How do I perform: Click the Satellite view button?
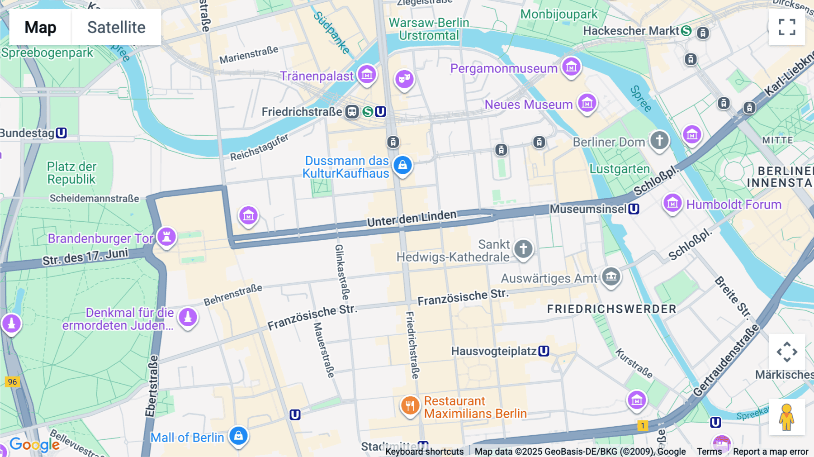(x=116, y=27)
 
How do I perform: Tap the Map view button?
(x=40, y=27)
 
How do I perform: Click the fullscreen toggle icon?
(x=787, y=27)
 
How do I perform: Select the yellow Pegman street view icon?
(x=786, y=417)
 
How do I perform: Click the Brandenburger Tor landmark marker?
(x=166, y=236)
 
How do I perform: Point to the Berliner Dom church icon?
(x=659, y=140)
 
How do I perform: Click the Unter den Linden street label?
(x=412, y=218)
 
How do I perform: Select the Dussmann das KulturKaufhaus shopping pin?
(x=402, y=165)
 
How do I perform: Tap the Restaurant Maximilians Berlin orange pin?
(x=410, y=405)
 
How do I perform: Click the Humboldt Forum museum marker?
(x=672, y=203)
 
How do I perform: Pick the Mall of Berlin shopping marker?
(x=238, y=436)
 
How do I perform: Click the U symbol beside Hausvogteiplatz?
(x=544, y=351)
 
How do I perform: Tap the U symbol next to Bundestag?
(x=61, y=133)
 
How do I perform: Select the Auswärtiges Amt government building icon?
(x=611, y=276)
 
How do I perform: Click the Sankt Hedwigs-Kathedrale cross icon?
(x=523, y=248)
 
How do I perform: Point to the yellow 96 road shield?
(x=12, y=381)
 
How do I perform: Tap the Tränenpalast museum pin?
(x=367, y=74)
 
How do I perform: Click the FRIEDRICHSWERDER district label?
(x=611, y=309)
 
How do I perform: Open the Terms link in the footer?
(x=709, y=451)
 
